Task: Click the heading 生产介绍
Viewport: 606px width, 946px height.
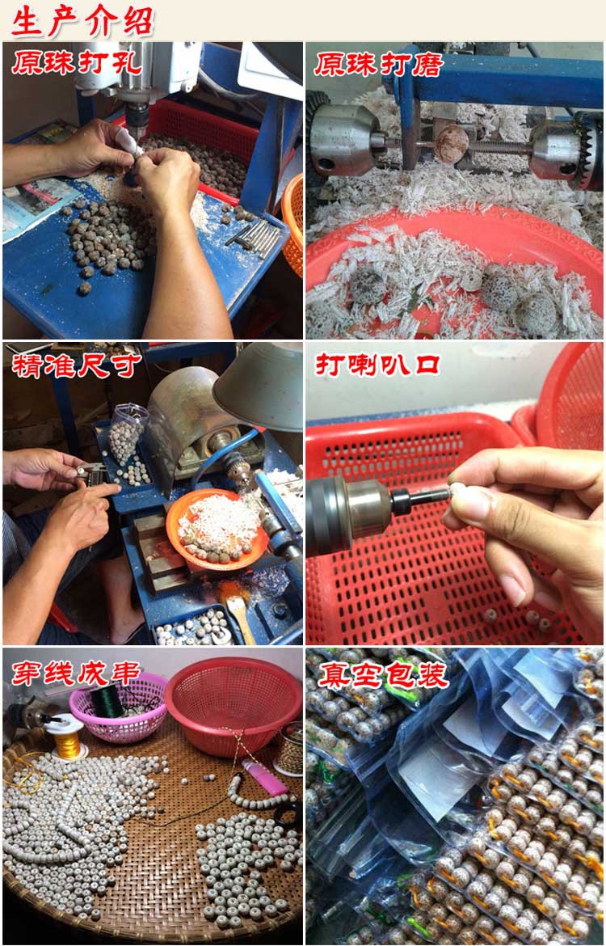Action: pyautogui.click(x=82, y=20)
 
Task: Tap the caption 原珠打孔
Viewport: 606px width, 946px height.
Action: pyautogui.click(x=77, y=63)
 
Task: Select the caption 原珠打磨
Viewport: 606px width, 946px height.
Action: pyautogui.click(x=379, y=64)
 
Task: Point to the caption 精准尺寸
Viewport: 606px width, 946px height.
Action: pyautogui.click(x=76, y=365)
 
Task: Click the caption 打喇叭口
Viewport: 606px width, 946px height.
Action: pyautogui.click(x=377, y=365)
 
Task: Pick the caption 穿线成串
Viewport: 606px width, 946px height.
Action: pyautogui.click(x=76, y=674)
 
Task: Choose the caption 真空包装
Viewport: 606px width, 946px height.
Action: pyautogui.click(x=384, y=674)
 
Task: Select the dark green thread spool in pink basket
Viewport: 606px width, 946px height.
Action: pyautogui.click(x=107, y=700)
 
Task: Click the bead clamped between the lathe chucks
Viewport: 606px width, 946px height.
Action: pyautogui.click(x=451, y=144)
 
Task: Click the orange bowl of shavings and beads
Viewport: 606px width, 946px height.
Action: pyautogui.click(x=217, y=529)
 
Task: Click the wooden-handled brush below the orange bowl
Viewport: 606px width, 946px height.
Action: pyautogui.click(x=237, y=610)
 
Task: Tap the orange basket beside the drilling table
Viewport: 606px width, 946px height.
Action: pyautogui.click(x=293, y=224)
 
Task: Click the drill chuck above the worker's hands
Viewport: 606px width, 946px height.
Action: pyautogui.click(x=137, y=116)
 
